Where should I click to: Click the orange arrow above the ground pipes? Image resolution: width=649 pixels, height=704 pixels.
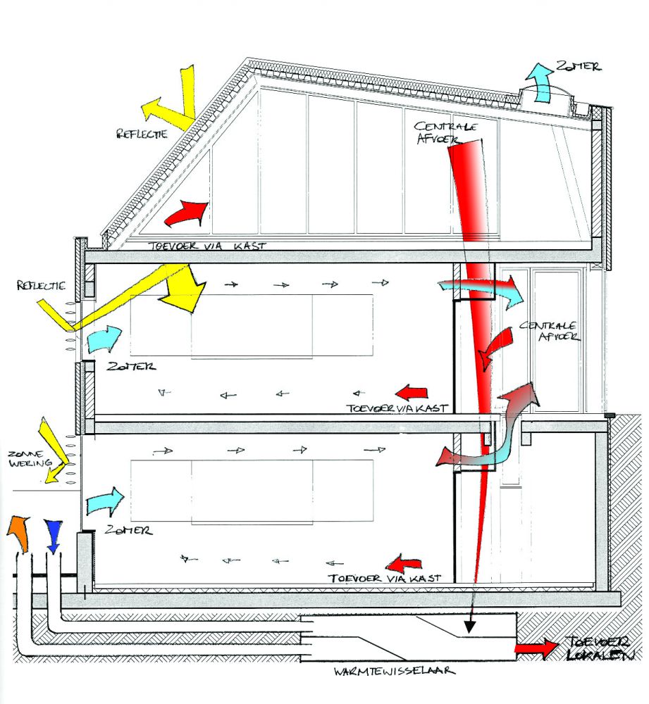click(x=19, y=533)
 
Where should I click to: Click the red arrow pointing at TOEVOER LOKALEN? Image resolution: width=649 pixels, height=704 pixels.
click(x=534, y=650)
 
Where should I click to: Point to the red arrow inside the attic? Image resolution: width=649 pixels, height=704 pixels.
click(x=186, y=212)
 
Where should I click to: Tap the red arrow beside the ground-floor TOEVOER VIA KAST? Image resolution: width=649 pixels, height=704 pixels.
click(x=404, y=562)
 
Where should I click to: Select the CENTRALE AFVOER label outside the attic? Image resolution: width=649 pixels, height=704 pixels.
click(x=550, y=331)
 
